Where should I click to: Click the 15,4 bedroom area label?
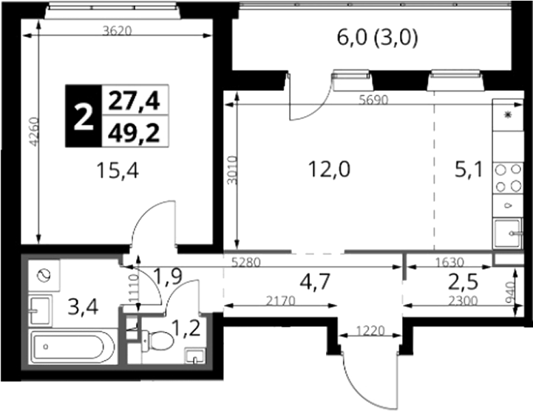[118, 170]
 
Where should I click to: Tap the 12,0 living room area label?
[329, 169]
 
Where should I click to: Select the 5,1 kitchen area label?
[469, 169]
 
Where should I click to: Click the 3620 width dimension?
[117, 31]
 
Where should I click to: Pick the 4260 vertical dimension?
[34, 132]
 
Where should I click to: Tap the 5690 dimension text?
[373, 100]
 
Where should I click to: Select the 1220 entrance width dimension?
[370, 330]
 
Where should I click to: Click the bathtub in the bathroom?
[73, 347]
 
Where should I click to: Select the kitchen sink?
[508, 233]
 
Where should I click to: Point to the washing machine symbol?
[44, 275]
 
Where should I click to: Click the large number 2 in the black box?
[84, 116]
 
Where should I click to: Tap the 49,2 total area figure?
[134, 132]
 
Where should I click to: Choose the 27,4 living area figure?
[134, 101]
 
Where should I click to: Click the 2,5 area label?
[463, 282]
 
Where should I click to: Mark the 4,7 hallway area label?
[315, 282]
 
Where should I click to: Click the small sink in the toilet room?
[194, 356]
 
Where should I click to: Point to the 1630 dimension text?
[449, 262]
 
